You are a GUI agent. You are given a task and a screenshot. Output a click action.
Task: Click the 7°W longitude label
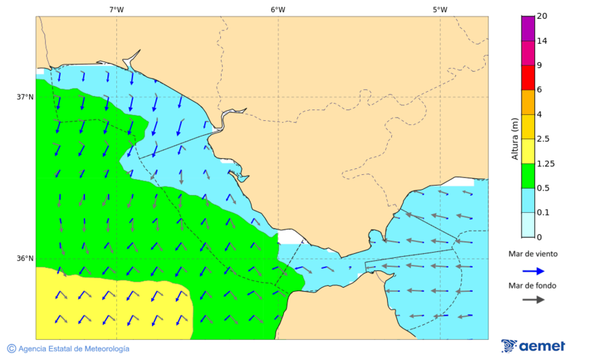click(116, 9)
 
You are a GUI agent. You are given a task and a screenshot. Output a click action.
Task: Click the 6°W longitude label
click(278, 9)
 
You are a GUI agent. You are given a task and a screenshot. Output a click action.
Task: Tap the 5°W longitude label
click(440, 9)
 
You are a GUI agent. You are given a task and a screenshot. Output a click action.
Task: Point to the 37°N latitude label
click(25, 97)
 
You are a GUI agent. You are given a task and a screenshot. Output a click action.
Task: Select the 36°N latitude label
click(25, 258)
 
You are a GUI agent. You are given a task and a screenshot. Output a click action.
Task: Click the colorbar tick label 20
click(542, 16)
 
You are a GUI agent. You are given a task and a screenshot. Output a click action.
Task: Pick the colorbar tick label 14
click(542, 41)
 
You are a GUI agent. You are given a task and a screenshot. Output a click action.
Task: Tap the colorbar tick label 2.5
click(543, 138)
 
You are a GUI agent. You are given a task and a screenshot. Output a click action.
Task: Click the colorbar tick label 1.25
click(545, 163)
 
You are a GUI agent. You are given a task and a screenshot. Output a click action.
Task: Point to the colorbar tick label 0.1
click(543, 212)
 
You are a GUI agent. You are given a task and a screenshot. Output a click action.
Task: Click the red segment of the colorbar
click(528, 77)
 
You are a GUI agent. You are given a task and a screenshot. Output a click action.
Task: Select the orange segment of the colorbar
click(528, 101)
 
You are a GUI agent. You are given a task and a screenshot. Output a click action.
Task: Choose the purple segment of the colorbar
click(528, 28)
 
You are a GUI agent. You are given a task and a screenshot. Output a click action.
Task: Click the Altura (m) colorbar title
click(515, 138)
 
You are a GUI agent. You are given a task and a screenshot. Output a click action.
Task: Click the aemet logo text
click(542, 346)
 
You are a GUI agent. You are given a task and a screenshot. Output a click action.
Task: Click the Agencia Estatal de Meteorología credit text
click(74, 349)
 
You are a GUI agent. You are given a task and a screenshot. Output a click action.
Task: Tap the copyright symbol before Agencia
click(11, 349)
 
